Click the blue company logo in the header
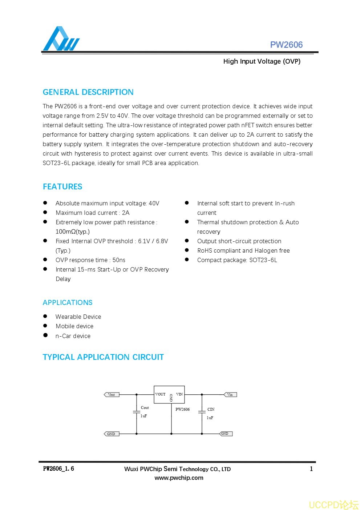[61, 39]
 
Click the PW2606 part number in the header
[286, 45]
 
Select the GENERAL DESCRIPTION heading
[88, 92]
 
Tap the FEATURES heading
[62, 187]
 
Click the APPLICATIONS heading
[68, 303]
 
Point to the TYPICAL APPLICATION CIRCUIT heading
[103, 357]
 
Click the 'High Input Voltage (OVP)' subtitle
[262, 61]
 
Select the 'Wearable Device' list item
[78, 317]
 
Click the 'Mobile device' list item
[74, 326]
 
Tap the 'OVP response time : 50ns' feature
[90, 260]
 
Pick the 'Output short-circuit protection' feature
[239, 241]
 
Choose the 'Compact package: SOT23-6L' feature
[237, 260]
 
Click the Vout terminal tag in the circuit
[112, 395]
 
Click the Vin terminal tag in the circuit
[230, 395]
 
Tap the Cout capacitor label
[145, 408]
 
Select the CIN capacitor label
[211, 409]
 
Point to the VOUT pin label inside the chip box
[160, 394]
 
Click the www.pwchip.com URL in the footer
[179, 478]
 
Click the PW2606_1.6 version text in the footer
[58, 469]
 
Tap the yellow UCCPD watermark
[333, 505]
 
